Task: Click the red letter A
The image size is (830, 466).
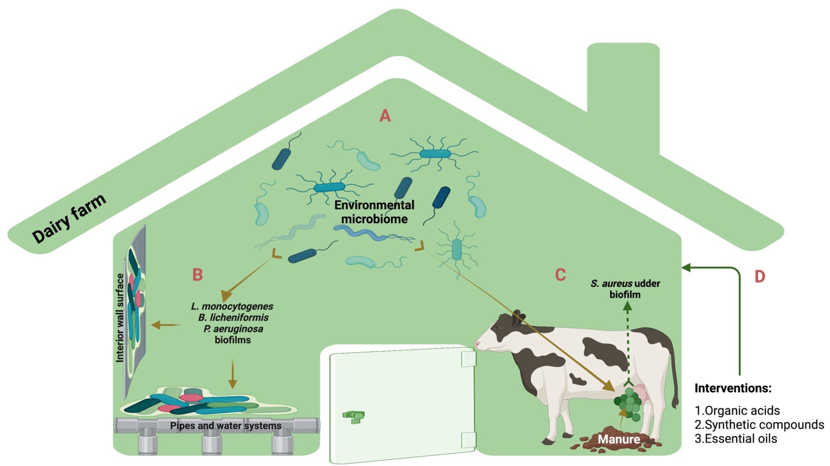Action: [x=385, y=116]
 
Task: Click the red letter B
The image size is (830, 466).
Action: [x=197, y=275]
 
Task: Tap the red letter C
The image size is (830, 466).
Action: [x=561, y=275]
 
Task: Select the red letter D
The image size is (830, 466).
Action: [x=760, y=277]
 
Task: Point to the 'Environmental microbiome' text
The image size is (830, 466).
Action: [x=374, y=212]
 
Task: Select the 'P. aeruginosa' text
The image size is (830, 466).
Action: [x=233, y=329]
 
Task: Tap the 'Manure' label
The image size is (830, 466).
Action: [x=619, y=439]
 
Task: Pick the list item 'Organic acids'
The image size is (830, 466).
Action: [x=742, y=411]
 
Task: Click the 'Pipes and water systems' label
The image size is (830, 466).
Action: [x=226, y=426]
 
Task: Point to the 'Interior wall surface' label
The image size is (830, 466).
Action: [x=120, y=318]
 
